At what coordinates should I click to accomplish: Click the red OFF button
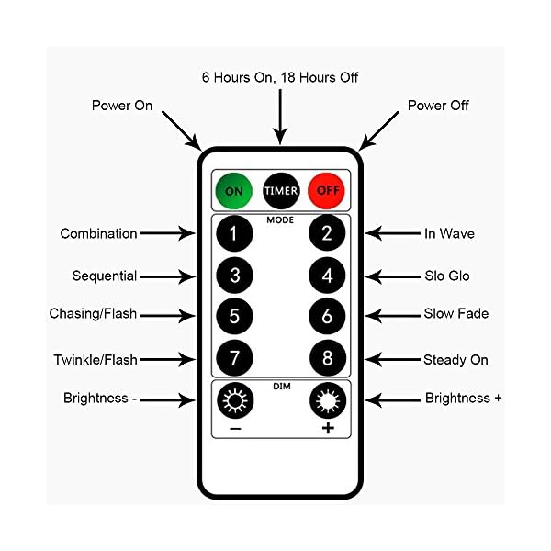(324, 191)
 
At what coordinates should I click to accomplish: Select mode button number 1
(234, 234)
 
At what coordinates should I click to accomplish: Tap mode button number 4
(326, 275)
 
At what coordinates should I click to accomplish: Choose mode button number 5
(234, 315)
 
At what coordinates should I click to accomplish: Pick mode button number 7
(234, 355)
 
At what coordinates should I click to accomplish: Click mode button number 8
(326, 355)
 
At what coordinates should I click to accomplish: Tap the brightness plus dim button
(328, 401)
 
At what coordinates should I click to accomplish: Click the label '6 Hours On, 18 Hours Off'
(279, 77)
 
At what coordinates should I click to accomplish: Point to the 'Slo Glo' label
(447, 275)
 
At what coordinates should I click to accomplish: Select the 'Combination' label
(99, 234)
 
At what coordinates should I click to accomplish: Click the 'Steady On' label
(455, 360)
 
